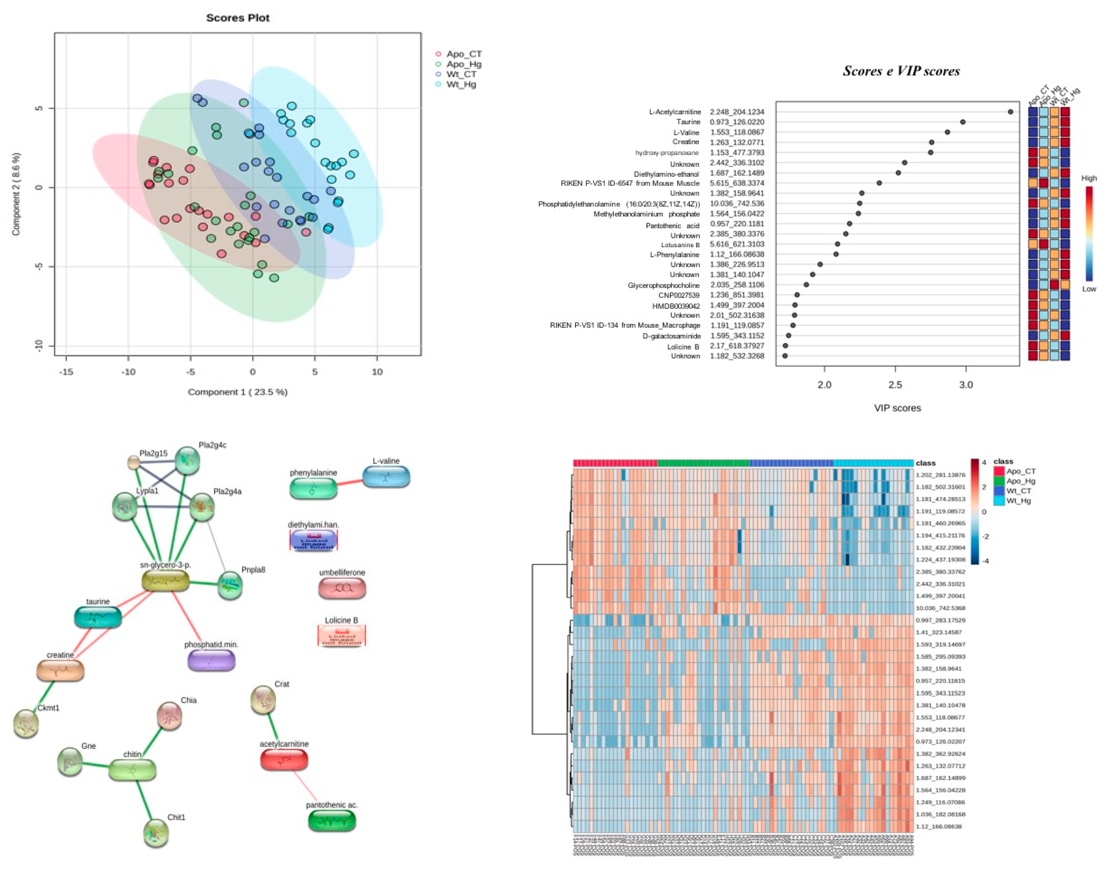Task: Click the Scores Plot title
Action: point(237,18)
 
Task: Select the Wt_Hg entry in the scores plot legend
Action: point(461,85)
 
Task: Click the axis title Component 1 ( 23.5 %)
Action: point(237,392)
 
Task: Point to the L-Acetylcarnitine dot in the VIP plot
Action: point(1010,112)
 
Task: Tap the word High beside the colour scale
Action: point(1089,178)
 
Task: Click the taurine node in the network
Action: point(98,617)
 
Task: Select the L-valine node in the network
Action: point(386,477)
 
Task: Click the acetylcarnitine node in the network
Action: point(284,759)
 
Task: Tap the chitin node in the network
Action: point(132,770)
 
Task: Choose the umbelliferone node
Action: point(342,588)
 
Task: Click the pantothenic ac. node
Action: point(332,821)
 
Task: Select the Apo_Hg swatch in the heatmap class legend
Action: point(999,481)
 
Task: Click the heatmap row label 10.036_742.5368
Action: point(940,608)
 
